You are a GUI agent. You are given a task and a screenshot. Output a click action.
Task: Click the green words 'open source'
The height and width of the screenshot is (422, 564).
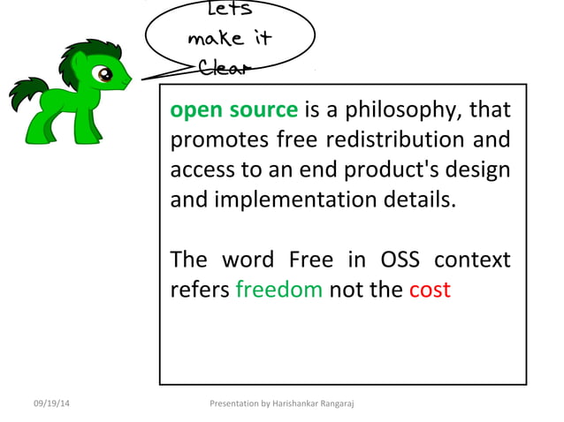[x=233, y=110]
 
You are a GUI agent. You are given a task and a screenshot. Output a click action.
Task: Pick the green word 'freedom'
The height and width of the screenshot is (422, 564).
[x=278, y=289]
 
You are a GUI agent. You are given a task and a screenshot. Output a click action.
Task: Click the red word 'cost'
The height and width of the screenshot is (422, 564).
[x=430, y=289]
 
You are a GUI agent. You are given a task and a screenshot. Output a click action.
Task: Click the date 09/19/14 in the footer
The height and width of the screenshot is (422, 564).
[x=52, y=403]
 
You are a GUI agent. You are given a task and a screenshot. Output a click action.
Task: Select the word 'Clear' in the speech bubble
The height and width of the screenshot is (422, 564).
[x=225, y=68]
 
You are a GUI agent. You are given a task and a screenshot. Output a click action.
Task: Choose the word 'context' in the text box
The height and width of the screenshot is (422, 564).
[x=475, y=260]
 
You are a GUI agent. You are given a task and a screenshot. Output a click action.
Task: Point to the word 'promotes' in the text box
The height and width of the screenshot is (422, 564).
[x=209, y=140]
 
